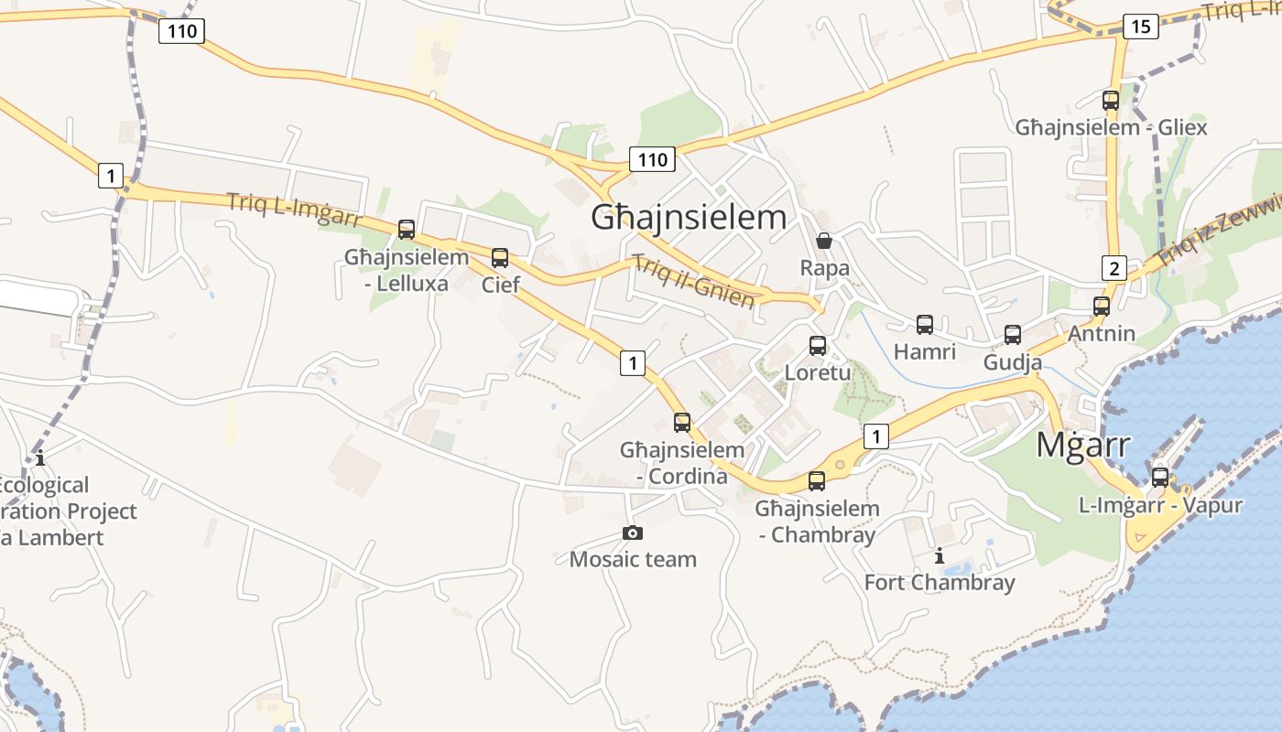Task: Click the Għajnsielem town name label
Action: (689, 218)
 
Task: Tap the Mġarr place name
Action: (1083, 445)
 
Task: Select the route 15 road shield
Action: (1140, 27)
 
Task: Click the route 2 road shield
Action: (1114, 268)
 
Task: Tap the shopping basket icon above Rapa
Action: (824, 241)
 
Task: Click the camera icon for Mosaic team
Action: (633, 533)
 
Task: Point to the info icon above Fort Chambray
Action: (939, 555)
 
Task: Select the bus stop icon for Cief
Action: (500, 258)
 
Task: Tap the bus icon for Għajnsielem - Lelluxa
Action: (407, 230)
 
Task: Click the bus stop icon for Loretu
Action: (818, 346)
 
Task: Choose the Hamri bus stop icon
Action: (925, 325)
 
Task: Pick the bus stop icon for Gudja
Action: (1013, 335)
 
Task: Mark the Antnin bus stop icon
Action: (1102, 307)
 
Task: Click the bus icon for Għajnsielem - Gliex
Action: (1111, 101)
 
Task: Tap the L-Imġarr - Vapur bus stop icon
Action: (1160, 478)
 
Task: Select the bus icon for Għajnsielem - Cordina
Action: (682, 423)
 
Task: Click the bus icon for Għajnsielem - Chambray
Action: (817, 481)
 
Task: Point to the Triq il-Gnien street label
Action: (694, 281)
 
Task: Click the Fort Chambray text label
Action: (940, 583)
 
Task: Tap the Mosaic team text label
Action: (633, 559)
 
